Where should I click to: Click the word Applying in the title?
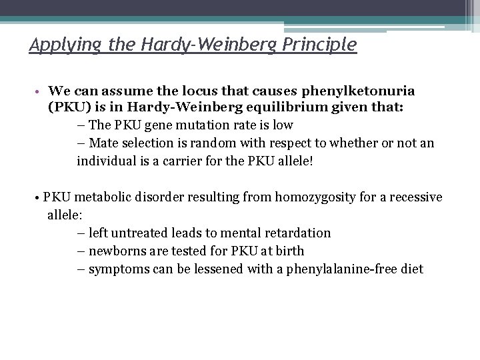pyautogui.click(x=58, y=45)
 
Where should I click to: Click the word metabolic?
pyautogui.click(x=103, y=198)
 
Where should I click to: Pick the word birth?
pyautogui.click(x=287, y=251)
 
